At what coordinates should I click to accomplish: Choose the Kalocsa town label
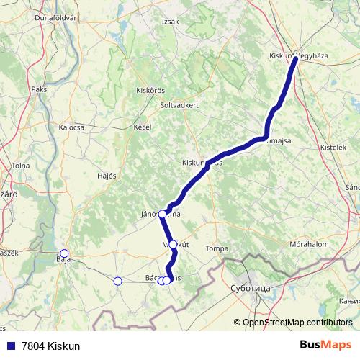71,127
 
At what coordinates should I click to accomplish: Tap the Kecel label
142,127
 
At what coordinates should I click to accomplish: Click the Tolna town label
20,166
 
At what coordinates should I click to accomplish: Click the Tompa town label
217,248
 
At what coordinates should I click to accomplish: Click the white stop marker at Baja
64,253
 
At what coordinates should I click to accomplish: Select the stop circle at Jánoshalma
163,214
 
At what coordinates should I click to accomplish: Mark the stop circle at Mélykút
173,245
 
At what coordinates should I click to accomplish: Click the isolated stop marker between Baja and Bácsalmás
117,281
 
